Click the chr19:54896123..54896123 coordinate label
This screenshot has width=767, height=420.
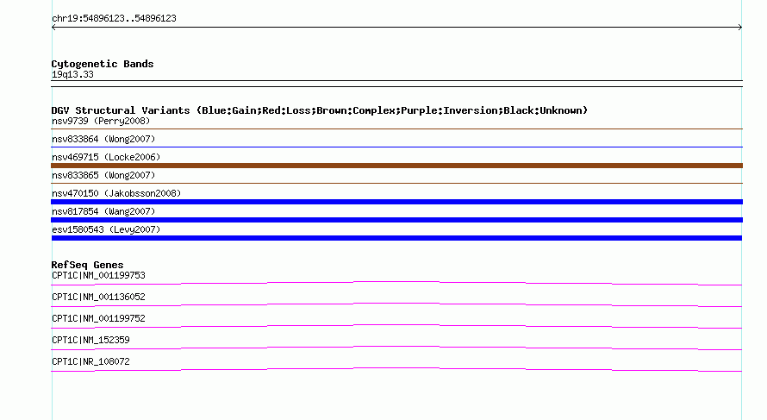114,19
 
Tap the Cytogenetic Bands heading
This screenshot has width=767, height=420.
103,64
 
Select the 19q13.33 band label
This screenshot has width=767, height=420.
72,74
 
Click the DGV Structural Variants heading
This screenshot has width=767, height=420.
320,110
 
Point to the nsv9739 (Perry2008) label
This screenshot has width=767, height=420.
101,121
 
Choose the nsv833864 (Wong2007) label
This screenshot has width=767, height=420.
103,139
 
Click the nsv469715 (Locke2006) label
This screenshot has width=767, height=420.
106,157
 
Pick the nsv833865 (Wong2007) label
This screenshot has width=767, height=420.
103,175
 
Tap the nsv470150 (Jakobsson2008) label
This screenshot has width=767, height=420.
116,193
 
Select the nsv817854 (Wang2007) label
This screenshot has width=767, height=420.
103,211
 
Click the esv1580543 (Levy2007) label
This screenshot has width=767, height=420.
106,229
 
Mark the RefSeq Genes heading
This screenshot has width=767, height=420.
88,265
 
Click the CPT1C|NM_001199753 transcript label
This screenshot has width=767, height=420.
98,276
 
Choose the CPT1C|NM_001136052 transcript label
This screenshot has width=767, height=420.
98,298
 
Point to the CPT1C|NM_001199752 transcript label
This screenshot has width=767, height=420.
98,319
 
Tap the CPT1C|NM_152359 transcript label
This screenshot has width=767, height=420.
90,340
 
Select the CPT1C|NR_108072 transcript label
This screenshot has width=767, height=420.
90,361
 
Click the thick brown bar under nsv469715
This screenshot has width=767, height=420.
396,166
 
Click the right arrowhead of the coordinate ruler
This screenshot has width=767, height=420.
740,28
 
